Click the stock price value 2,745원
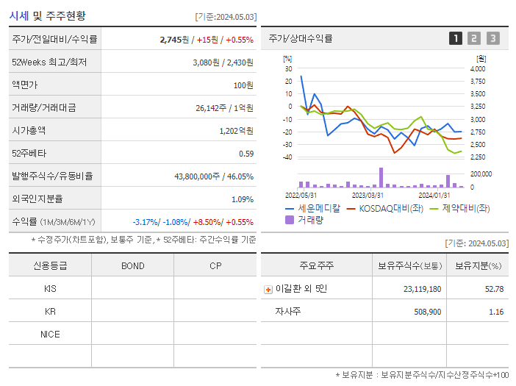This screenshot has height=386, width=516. click(x=175, y=40)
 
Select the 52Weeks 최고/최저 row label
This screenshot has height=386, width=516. click(x=49, y=62)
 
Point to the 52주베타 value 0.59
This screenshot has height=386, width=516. click(x=246, y=154)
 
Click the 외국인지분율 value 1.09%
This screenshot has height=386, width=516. click(x=243, y=199)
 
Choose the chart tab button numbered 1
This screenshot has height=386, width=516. click(x=456, y=38)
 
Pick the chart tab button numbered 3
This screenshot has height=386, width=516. click(x=492, y=38)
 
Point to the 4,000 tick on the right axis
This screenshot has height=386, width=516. click(x=477, y=68)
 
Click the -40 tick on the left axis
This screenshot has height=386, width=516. click(x=287, y=157)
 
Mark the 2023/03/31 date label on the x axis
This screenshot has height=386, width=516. click(x=368, y=195)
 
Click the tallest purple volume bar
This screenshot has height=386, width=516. click(x=381, y=177)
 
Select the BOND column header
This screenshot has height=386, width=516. click(x=132, y=265)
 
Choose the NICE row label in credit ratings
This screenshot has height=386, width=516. click(x=50, y=334)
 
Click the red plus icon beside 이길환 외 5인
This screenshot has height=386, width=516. click(x=268, y=289)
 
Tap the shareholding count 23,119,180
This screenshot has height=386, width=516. click(x=423, y=289)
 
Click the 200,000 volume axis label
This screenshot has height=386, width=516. click(x=481, y=174)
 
